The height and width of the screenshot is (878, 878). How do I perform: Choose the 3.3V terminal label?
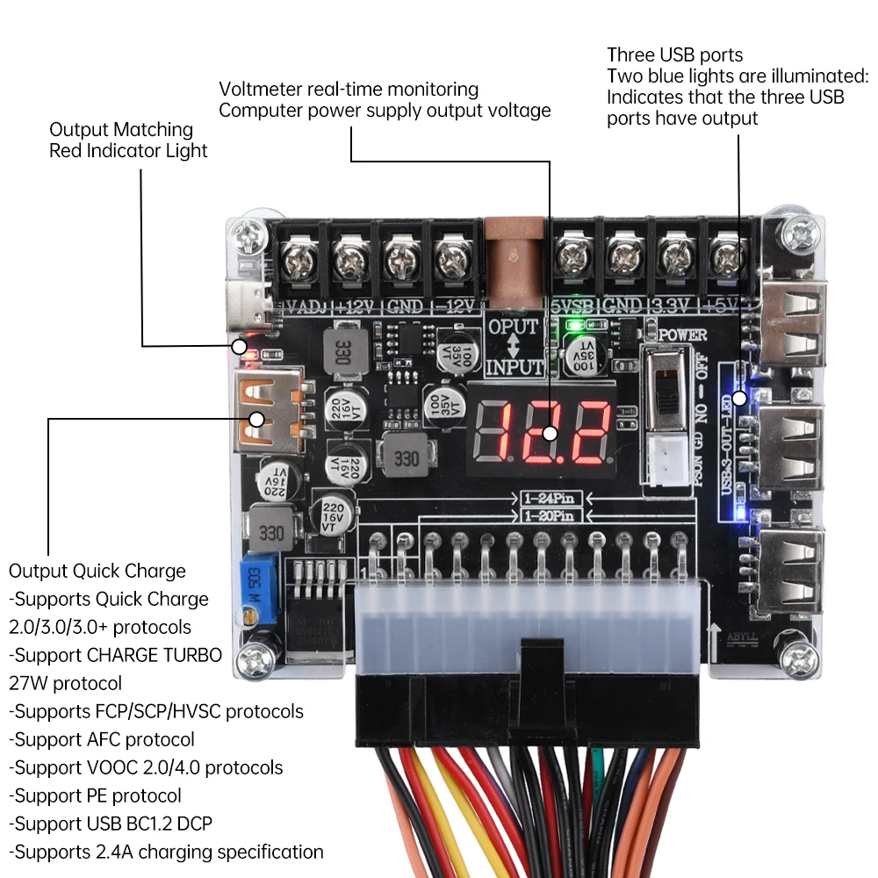click(672, 306)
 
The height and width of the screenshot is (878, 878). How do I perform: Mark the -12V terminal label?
click(456, 306)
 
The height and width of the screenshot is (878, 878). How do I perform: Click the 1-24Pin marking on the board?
click(543, 499)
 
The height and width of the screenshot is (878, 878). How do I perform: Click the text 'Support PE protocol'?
click(96, 795)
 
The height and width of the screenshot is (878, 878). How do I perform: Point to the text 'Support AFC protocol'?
click(102, 739)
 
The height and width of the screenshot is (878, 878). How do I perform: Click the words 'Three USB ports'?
click(674, 54)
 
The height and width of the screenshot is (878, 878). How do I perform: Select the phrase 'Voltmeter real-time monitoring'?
click(349, 89)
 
